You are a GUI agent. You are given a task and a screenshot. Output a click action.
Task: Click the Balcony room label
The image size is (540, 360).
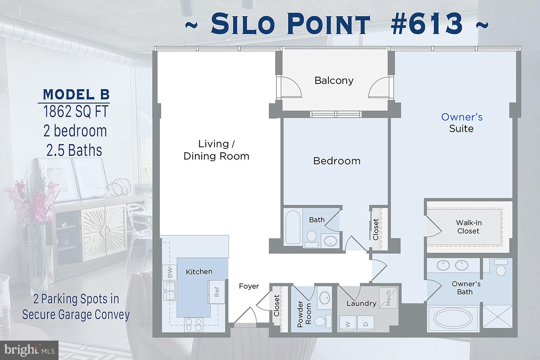(334, 81)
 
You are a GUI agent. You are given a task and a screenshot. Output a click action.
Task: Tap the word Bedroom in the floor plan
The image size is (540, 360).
(337, 161)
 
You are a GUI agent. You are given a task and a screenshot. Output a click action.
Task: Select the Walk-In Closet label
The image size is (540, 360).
(468, 227)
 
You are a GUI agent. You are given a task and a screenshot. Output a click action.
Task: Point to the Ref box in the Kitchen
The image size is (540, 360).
(217, 292)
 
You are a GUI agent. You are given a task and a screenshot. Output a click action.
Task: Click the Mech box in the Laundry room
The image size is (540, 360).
(388, 298)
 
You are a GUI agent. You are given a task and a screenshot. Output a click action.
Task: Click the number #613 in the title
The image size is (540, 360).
(427, 23)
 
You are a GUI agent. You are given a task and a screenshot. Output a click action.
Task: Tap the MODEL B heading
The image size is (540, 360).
(76, 95)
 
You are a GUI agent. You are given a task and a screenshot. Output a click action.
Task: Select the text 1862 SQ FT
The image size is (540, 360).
(76, 112)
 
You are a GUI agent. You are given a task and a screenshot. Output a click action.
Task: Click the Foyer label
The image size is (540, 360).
(249, 286)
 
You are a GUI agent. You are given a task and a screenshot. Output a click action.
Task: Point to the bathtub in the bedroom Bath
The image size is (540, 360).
(293, 227)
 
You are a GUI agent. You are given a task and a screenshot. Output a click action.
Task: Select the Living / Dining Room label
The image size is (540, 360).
(216, 150)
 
